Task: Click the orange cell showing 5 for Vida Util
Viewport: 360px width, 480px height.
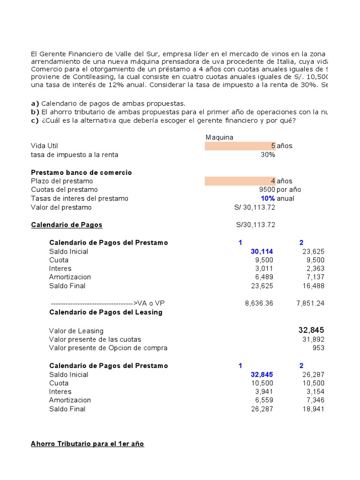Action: click(x=240, y=146)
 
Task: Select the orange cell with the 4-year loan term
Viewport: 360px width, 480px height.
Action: click(x=240, y=181)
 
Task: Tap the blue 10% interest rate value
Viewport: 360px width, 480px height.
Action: click(x=268, y=198)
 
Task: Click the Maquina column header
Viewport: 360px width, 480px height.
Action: click(x=219, y=137)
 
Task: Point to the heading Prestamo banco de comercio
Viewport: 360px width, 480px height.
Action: click(x=81, y=172)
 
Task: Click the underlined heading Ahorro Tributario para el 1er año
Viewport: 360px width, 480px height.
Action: click(x=87, y=443)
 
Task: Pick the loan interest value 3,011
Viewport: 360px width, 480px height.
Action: click(x=263, y=269)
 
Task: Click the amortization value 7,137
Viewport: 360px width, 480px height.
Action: click(x=315, y=277)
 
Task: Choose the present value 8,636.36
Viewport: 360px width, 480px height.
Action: click(x=259, y=303)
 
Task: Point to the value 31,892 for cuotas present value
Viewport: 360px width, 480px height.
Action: click(x=313, y=339)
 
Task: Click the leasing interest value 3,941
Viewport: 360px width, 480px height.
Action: click(x=263, y=392)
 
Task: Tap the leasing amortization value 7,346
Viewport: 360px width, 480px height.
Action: click(x=315, y=400)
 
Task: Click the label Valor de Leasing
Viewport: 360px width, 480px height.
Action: click(x=76, y=331)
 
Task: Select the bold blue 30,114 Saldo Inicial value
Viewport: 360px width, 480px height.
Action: click(x=262, y=252)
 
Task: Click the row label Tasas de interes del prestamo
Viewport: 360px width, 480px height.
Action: click(x=79, y=198)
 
